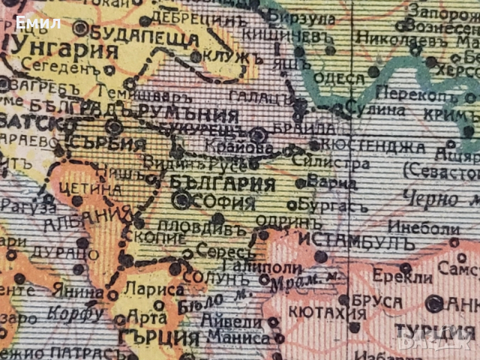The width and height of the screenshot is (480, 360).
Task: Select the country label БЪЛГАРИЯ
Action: (212, 183)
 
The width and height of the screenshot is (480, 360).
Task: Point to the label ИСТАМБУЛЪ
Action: (356, 241)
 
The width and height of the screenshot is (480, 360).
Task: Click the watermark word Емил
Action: (38, 22)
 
